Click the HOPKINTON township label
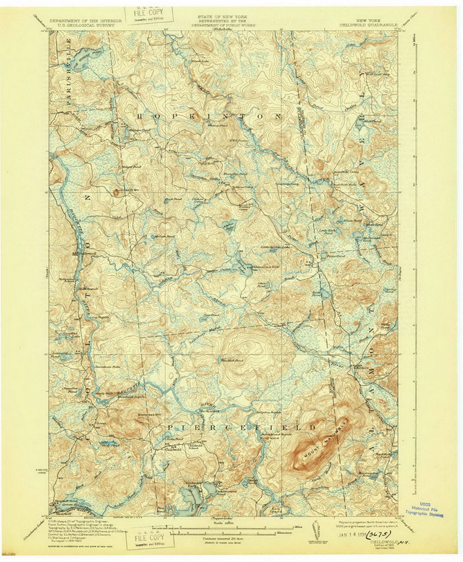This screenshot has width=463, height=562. tap(210, 117)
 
